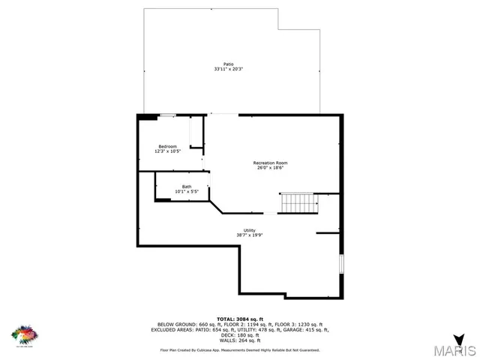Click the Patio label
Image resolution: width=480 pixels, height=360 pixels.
point(228,64)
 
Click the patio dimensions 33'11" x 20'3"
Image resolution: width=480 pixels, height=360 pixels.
point(228,69)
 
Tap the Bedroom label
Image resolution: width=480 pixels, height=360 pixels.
point(167,145)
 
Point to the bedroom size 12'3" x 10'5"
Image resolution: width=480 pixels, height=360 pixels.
point(167,151)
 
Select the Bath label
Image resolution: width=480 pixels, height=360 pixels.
point(187,187)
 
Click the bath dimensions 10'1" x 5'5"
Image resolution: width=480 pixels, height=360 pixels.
point(187,192)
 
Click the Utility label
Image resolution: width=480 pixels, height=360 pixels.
point(250,229)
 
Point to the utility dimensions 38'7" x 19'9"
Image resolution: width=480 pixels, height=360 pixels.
point(250,235)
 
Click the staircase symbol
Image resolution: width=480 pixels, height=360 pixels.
point(297,202)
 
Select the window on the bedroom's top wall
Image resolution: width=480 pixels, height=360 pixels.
point(168,115)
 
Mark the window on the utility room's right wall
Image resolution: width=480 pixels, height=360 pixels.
point(342,264)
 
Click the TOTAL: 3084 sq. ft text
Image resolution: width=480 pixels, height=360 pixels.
point(239,318)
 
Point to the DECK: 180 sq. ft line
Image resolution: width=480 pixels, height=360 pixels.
point(239,335)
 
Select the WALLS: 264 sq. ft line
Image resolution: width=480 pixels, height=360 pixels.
point(239,341)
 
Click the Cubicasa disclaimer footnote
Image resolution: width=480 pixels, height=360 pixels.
point(239,349)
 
